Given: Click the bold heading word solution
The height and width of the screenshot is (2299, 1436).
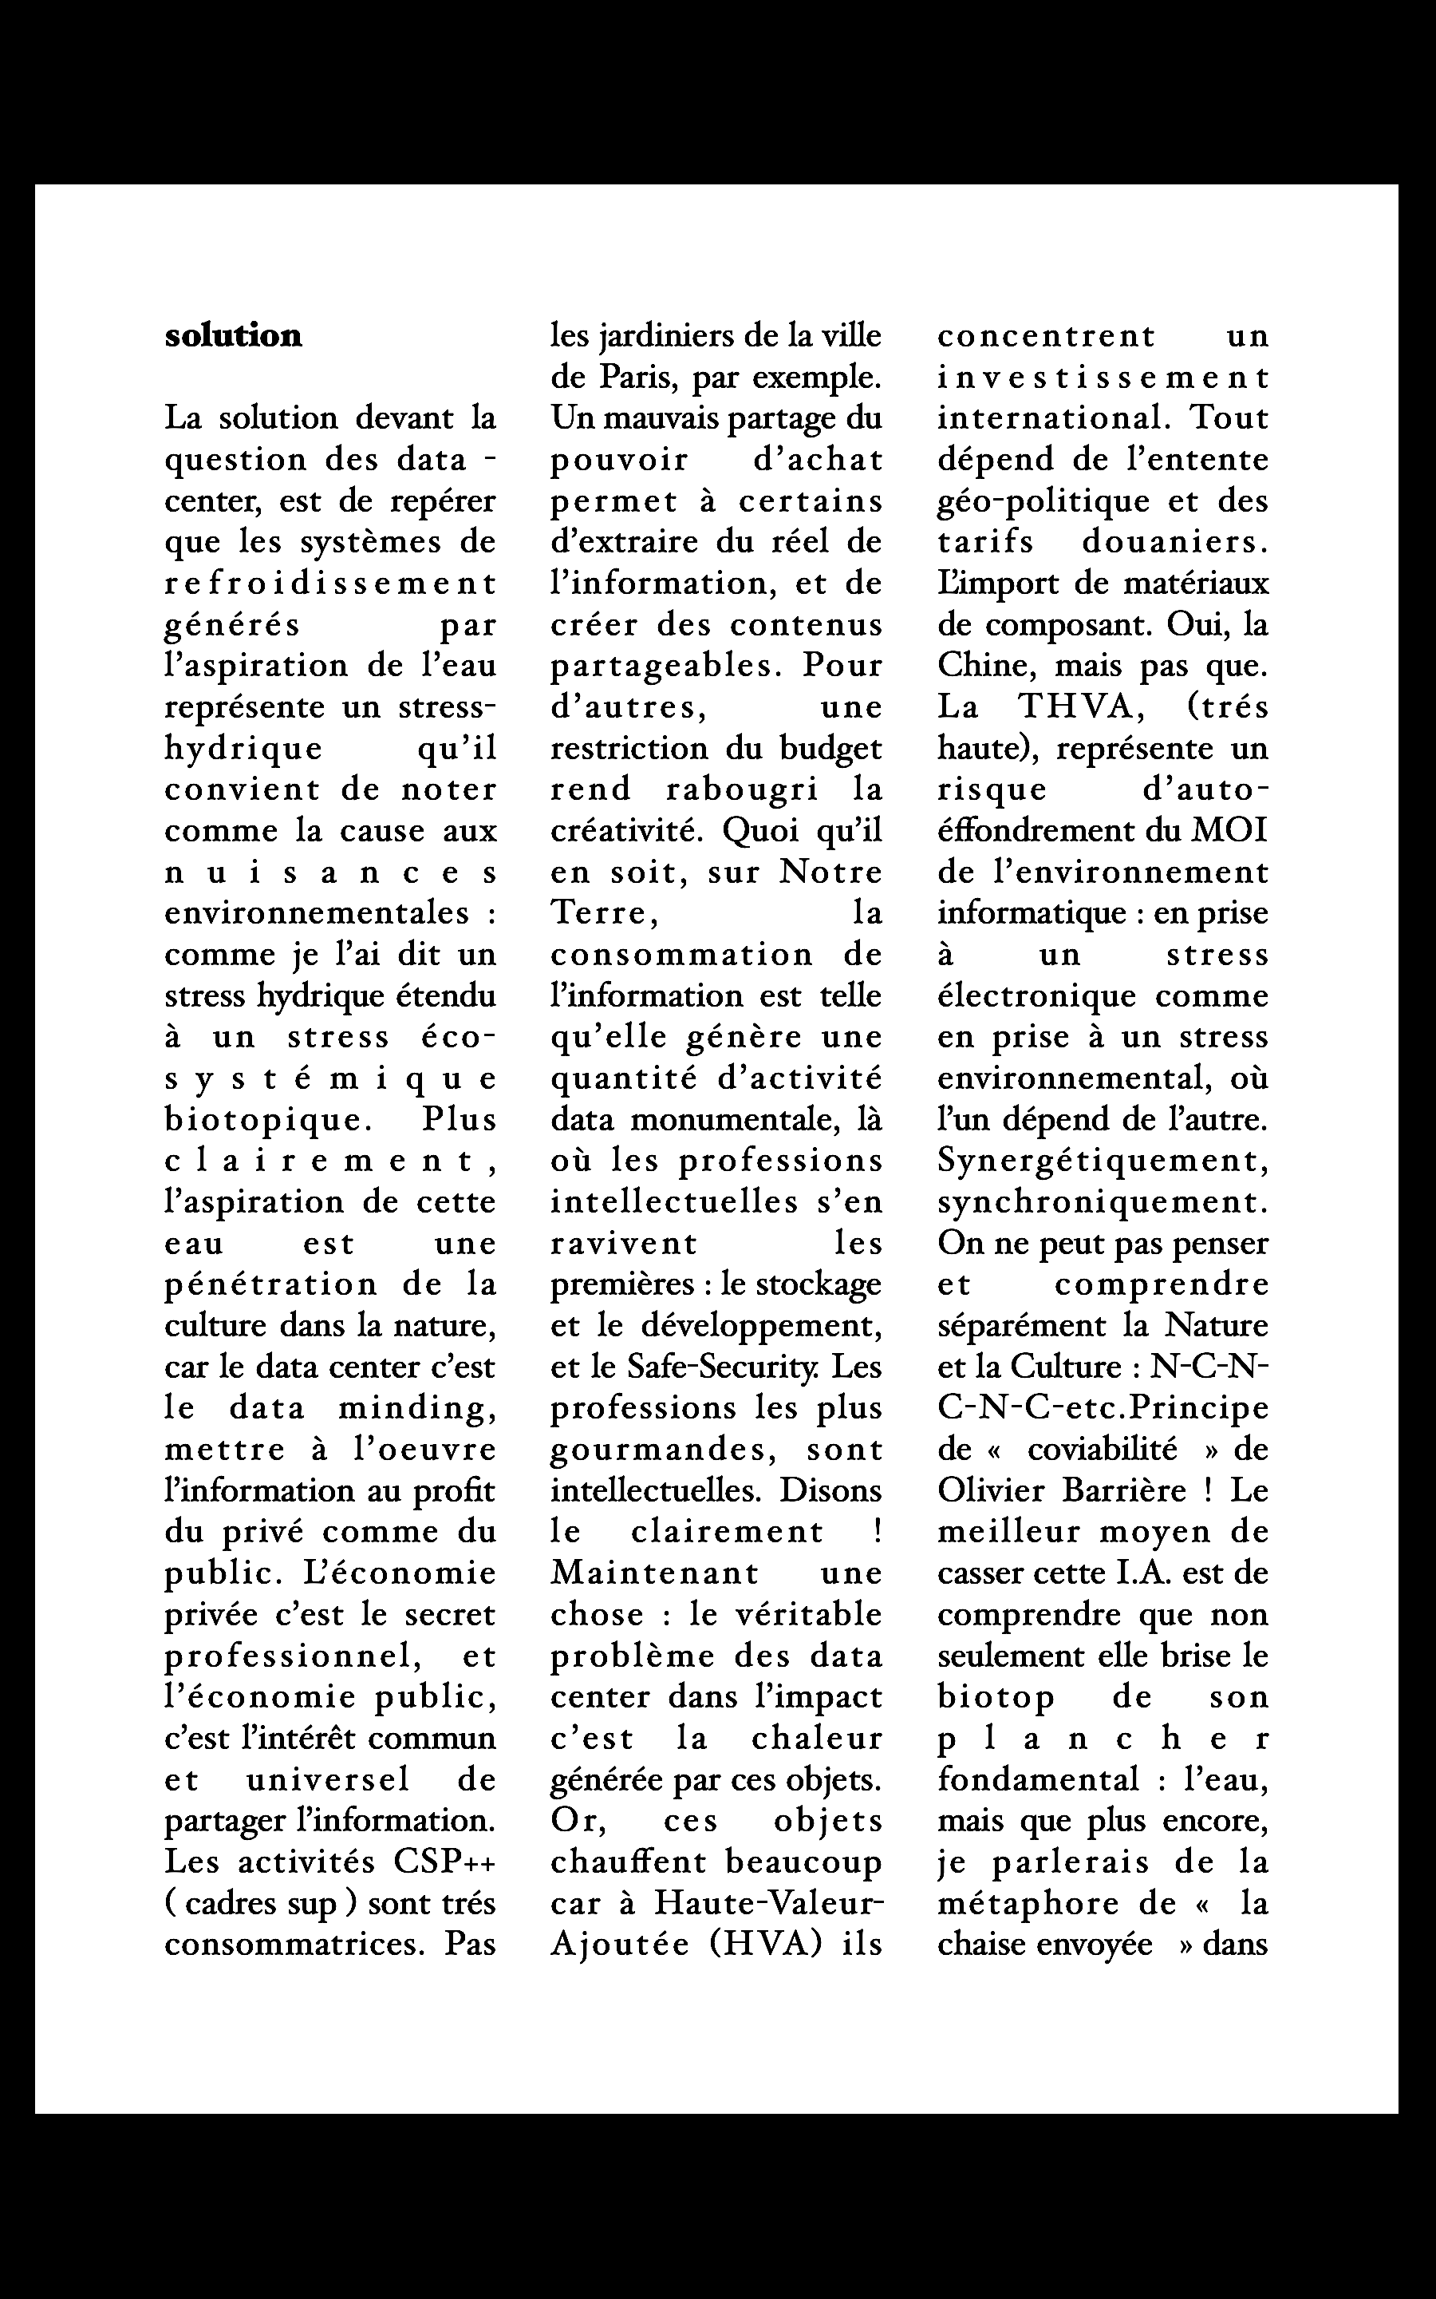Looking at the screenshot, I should pos(234,336).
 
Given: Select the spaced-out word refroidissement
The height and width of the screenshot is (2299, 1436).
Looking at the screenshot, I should pos(330,584).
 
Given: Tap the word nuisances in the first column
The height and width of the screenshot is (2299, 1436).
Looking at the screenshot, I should pos(330,872).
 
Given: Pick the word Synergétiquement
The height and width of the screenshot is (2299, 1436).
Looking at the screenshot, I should pos(1103,1161).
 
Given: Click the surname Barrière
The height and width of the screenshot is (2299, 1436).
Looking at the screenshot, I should pos(1125,1490).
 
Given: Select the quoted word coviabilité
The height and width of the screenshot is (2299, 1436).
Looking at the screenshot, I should pos(1101,1450).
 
